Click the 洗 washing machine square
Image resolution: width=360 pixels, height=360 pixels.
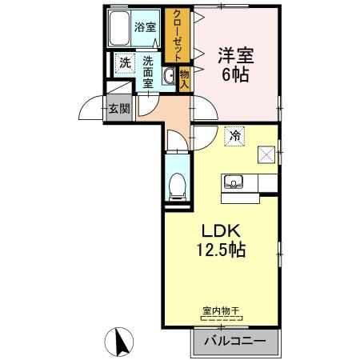pos(124,62)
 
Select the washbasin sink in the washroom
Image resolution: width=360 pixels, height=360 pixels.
pos(169,77)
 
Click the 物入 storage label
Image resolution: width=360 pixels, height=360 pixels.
pos(184,78)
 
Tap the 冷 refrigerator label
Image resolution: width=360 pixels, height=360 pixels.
pos(234,137)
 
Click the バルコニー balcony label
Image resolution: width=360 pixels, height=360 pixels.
pos(234,342)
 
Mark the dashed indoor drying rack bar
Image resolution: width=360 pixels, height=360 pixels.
pos(221,318)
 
